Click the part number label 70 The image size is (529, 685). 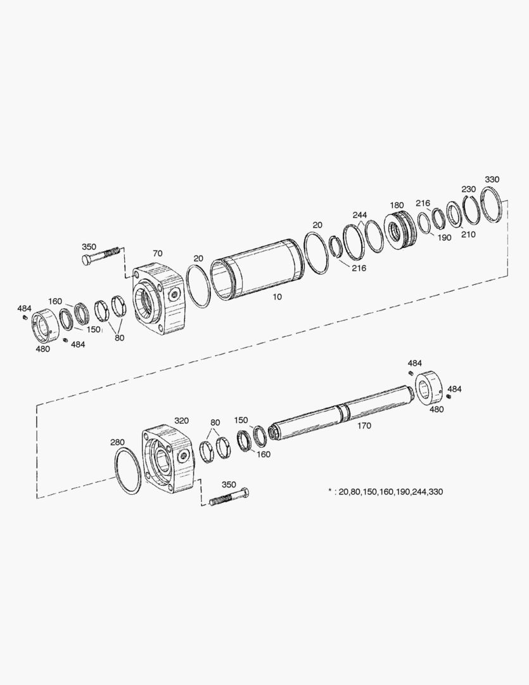coord(157,253)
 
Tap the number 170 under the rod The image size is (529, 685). coord(364,426)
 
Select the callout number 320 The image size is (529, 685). coord(182,421)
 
